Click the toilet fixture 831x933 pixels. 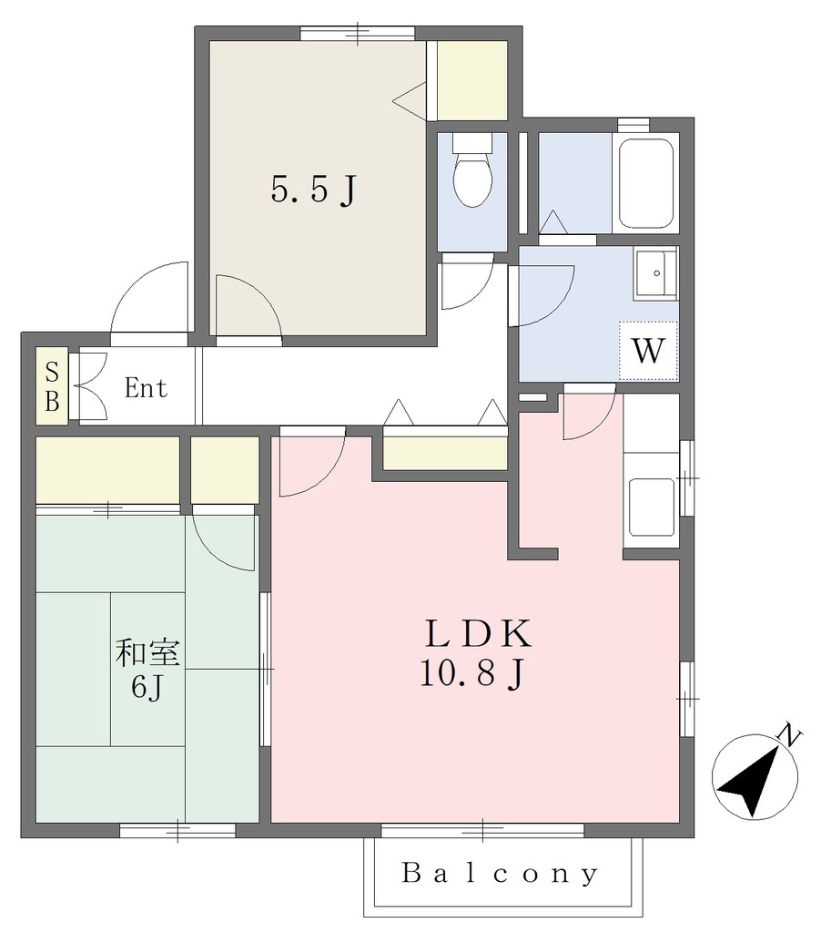pos(472,169)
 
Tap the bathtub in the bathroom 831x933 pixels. pos(646,182)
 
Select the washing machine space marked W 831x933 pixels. pos(648,351)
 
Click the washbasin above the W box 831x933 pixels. pos(655,273)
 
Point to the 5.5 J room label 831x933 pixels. pos(314,190)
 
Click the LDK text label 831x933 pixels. pos(478,634)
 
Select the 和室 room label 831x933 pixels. pos(147,652)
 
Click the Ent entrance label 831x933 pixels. pos(146,388)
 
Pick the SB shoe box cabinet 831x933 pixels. pos(52,386)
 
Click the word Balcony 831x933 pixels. pos(500,874)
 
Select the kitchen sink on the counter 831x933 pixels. pos(652,507)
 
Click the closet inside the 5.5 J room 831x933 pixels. pos(472,80)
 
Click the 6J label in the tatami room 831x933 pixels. pos(147,688)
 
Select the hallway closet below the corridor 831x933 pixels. pos(445,454)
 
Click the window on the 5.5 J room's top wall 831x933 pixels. pos(357,34)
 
